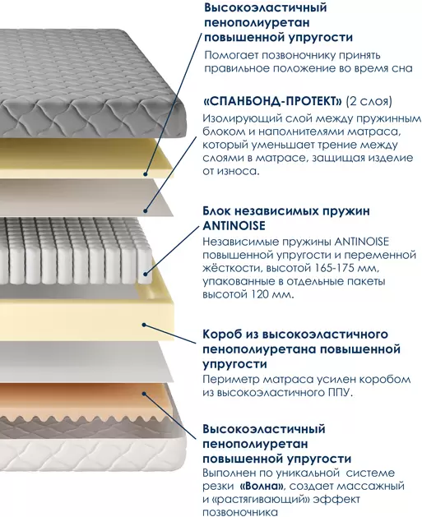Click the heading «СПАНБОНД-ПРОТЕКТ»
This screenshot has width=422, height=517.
point(272,101)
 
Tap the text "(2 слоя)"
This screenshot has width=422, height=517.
point(369,101)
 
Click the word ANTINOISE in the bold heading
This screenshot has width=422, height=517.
point(234,225)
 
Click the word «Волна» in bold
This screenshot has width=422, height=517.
point(262,486)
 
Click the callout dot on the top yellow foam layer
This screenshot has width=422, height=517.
point(146,173)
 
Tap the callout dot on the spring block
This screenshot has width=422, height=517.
point(146,273)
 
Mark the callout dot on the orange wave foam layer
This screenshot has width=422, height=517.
point(144,393)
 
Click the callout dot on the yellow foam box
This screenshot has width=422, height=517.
point(144,325)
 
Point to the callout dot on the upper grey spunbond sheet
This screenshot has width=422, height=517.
point(146,210)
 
